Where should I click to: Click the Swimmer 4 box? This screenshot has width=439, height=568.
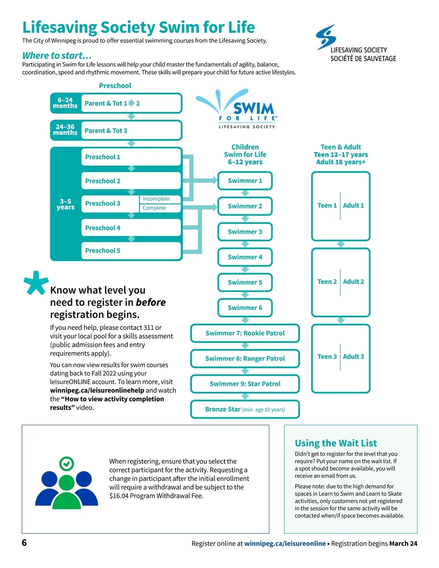(245, 257)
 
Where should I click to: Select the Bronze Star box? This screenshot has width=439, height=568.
(245, 409)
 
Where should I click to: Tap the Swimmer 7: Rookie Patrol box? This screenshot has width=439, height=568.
(245, 333)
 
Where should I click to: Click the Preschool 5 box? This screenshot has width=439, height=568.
(131, 251)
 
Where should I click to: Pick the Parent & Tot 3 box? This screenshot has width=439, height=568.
(131, 131)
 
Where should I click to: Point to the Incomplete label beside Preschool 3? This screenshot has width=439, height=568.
(156, 199)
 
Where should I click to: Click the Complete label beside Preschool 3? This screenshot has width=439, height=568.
(154, 208)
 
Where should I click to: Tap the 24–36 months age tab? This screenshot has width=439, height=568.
(65, 130)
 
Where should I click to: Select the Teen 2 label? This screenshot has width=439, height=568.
(327, 282)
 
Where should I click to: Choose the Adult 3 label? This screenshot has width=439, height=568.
(353, 357)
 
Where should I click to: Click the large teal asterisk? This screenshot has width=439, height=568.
(36, 282)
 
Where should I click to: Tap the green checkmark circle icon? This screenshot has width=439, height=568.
(67, 464)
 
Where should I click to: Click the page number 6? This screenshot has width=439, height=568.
(24, 542)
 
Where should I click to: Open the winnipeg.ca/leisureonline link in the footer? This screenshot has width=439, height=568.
(285, 543)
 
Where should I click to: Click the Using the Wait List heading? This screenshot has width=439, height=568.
(335, 443)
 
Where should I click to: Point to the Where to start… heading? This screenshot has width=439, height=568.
(57, 56)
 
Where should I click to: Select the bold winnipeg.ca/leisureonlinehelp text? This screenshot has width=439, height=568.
(97, 390)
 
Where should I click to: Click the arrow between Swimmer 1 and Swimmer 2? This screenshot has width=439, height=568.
(245, 193)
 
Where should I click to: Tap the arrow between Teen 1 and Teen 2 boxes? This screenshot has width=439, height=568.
(341, 244)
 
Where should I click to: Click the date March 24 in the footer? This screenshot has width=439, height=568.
(403, 543)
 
